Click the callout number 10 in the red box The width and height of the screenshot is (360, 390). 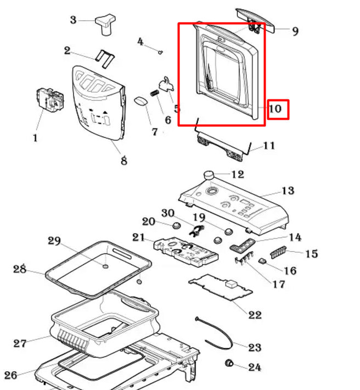click(276, 109)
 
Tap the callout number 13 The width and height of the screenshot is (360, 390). click(288, 191)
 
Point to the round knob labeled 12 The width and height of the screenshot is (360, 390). click(209, 174)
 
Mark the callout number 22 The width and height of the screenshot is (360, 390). click(255, 314)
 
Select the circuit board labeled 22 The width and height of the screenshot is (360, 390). click(222, 286)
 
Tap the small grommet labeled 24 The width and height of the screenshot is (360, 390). click(230, 364)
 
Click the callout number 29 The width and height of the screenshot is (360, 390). click(54, 241)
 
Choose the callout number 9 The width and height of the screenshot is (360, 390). click(295, 31)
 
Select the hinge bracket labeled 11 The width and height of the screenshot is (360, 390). click(222, 146)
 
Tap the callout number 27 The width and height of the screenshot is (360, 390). click(20, 343)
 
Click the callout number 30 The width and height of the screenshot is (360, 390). click(167, 213)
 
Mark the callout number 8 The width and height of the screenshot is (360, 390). click(124, 160)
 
